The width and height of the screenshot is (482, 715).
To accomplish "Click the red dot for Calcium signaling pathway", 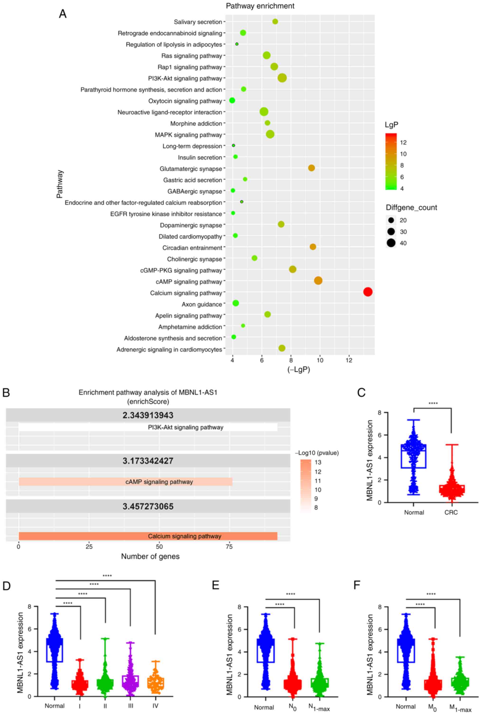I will point(368,292).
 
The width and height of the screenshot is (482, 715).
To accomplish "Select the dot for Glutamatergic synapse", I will point(311,168).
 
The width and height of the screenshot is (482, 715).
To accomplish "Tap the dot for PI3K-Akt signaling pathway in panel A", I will point(282,78).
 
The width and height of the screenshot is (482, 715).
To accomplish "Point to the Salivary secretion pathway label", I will point(198,22).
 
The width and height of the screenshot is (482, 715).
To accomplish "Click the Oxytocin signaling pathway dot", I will point(232,100).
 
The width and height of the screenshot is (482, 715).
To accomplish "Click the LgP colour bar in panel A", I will point(391,161).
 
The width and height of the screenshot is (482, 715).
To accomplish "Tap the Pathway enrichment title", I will point(260,6).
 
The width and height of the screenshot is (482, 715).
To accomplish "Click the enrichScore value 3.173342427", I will point(148,461).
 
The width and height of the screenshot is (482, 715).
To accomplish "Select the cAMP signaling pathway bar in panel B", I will point(125,482).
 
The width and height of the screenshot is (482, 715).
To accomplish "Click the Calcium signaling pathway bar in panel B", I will point(148,536).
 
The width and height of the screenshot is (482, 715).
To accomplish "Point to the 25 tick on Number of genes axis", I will point(89,547).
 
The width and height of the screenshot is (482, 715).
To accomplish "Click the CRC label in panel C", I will point(451,512).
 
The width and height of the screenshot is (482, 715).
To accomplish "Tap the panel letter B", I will point(6,393).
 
